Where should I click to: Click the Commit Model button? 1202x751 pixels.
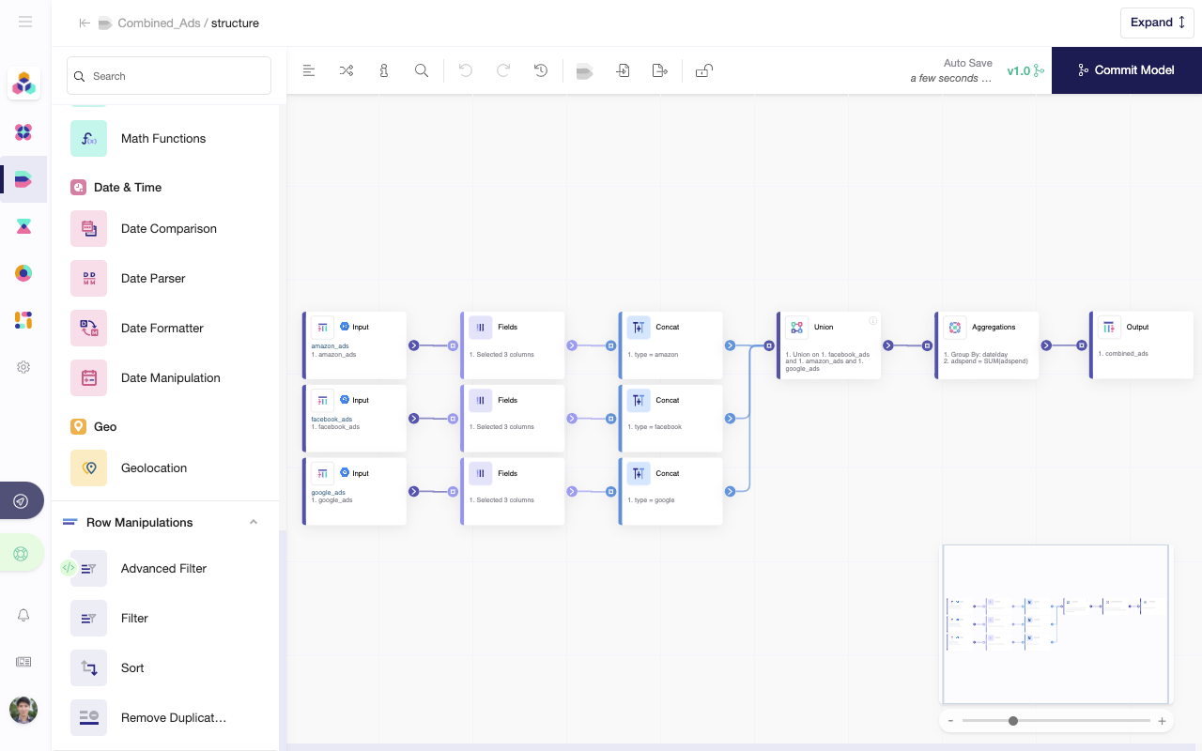(1126, 70)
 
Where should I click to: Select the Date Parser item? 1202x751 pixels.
(153, 278)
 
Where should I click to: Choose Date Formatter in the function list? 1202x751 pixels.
(162, 328)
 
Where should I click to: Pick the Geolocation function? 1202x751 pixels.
(153, 467)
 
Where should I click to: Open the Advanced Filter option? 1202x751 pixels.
(163, 568)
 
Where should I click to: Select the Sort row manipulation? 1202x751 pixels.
(132, 667)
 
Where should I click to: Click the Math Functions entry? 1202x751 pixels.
(162, 138)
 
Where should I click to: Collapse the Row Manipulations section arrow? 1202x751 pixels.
(254, 522)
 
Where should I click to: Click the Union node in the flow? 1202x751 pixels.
(829, 345)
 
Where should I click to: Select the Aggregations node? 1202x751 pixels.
(987, 345)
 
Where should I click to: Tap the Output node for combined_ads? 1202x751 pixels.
(1141, 345)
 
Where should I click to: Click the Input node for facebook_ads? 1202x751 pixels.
(355, 418)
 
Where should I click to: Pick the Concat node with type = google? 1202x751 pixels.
(671, 491)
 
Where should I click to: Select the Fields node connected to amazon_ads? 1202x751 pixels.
(514, 345)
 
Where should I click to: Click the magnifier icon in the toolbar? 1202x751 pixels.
(422, 70)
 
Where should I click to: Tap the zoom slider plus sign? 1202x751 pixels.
(1162, 721)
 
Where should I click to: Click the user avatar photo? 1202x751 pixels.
(23, 711)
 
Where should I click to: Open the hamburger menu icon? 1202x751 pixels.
(25, 22)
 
